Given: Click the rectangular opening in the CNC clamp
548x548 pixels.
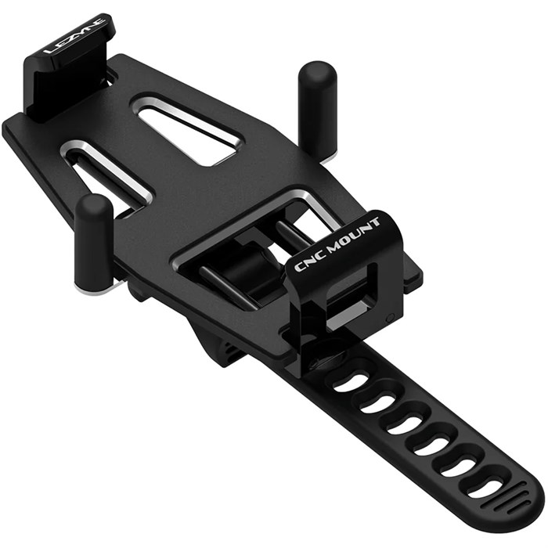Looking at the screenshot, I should [x=344, y=290].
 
